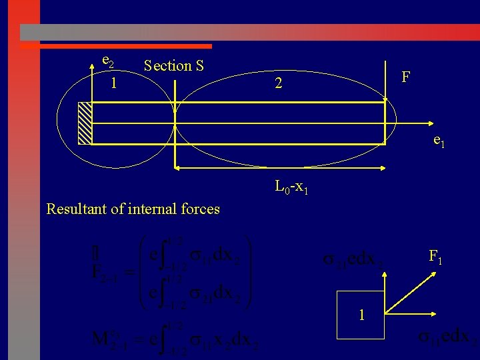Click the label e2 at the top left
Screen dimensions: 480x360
pyautogui.click(x=107, y=61)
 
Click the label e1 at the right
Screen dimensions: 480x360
pyautogui.click(x=439, y=141)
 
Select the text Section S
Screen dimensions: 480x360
pyautogui.click(x=173, y=65)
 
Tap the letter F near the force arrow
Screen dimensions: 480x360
pyautogui.click(x=405, y=78)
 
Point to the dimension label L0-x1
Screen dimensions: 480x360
pyautogui.click(x=291, y=187)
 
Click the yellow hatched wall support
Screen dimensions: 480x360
pyautogui.click(x=85, y=123)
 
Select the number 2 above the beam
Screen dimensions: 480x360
pyautogui.click(x=279, y=84)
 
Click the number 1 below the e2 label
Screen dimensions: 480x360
pyautogui.click(x=114, y=83)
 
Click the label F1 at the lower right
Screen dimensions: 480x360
pyautogui.click(x=437, y=256)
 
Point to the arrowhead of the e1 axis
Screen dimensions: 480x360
pyautogui.click(x=427, y=124)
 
